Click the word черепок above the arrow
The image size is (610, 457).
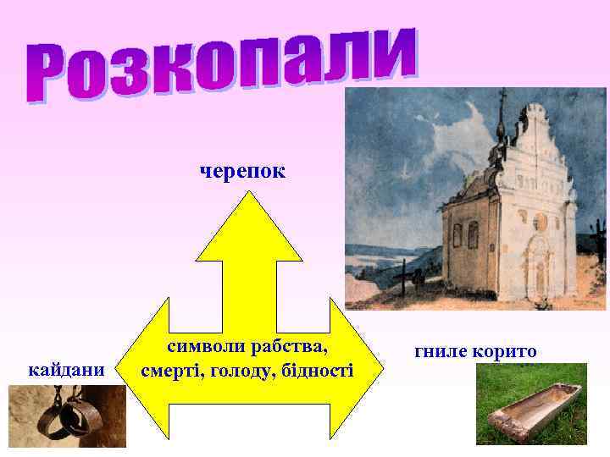tap(242, 172)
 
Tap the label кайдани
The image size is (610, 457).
tap(66, 370)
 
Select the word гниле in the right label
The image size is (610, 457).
tap(439, 351)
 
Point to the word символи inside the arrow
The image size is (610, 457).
tap(204, 347)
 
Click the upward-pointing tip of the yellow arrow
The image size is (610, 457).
tap(248, 196)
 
